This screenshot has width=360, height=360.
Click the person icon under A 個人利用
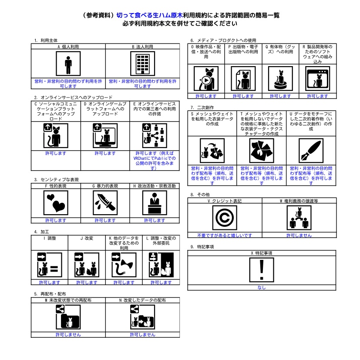click(x=68, y=64)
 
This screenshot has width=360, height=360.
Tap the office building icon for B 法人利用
click(x=143, y=64)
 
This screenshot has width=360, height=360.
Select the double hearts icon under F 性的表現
click(x=56, y=203)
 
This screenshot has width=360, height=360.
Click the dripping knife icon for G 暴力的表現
click(x=105, y=203)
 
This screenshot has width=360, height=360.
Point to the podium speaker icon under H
click(x=155, y=203)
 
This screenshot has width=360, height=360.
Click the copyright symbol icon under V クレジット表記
click(x=225, y=218)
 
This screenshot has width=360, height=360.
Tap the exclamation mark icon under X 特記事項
click(x=262, y=270)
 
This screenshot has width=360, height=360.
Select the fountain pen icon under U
click(x=311, y=151)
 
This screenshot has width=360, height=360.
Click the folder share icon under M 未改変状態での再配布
click(x=68, y=317)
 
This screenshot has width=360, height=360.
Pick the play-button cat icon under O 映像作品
click(x=206, y=79)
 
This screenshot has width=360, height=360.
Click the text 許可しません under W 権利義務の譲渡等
click(x=299, y=236)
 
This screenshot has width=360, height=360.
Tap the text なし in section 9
click(x=262, y=287)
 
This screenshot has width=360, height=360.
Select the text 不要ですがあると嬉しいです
click(x=225, y=236)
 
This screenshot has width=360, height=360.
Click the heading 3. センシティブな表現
click(x=57, y=179)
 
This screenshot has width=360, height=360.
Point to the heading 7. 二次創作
click(x=202, y=108)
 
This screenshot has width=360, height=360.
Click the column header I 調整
click(x=50, y=238)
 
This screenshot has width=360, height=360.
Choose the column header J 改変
click(x=87, y=238)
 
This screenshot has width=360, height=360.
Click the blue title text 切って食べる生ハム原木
click(x=150, y=15)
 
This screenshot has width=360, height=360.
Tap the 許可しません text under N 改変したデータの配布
click(x=143, y=335)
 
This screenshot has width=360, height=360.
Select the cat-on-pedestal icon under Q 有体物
click(x=281, y=79)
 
